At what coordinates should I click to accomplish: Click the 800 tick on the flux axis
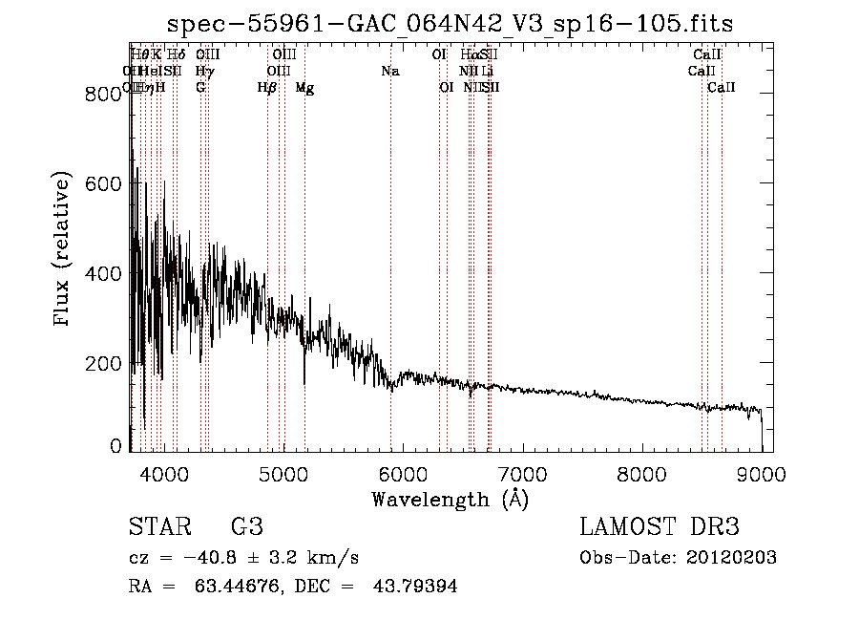pos(96,94)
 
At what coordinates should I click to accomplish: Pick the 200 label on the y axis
pos(96,364)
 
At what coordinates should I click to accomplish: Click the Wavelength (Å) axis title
pos(450,499)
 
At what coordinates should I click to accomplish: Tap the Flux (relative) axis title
pos(64,250)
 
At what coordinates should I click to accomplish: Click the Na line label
pos(389,71)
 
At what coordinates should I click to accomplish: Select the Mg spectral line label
pos(304,88)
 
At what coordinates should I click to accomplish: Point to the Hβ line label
pos(267,88)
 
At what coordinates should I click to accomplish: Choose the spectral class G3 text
pos(247,527)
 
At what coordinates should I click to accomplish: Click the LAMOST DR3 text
pos(660,527)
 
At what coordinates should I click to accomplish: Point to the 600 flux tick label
pos(96,183)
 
